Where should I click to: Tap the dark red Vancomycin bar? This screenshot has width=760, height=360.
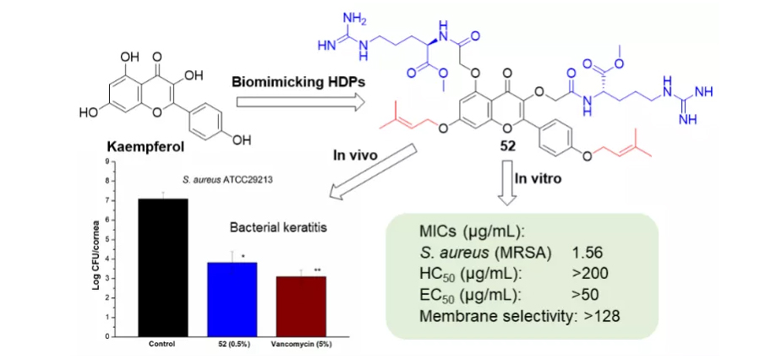302,306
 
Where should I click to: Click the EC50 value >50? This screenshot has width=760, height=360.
587,296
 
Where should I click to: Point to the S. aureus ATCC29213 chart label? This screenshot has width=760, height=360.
233,179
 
